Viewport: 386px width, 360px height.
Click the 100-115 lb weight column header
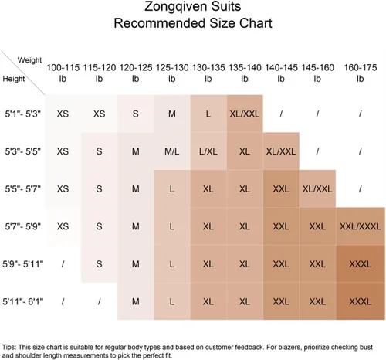point(63,73)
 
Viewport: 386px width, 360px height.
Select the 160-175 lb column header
point(361,73)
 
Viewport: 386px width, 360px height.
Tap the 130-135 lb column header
point(208,73)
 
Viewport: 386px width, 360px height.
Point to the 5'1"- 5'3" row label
point(23,114)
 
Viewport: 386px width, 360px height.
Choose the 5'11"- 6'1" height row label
point(23,301)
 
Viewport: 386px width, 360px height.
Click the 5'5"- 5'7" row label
point(23,189)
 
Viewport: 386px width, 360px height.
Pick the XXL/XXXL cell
point(360,226)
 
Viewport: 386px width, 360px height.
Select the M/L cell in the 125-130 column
point(172,151)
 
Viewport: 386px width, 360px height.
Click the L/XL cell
point(208,151)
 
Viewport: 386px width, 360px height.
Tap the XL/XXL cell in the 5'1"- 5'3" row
point(245,114)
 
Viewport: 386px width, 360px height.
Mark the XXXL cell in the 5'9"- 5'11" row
point(360,264)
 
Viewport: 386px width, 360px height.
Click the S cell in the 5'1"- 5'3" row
point(136,114)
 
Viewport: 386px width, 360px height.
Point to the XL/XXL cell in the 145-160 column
point(317,189)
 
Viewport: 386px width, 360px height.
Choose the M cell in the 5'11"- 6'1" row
point(136,301)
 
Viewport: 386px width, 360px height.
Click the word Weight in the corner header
point(29,60)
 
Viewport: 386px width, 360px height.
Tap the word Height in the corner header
point(14,79)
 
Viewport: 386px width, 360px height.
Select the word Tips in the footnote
point(8,347)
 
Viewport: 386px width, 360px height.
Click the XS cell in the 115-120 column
point(99,114)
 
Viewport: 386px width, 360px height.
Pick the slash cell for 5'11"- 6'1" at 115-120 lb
point(100,301)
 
